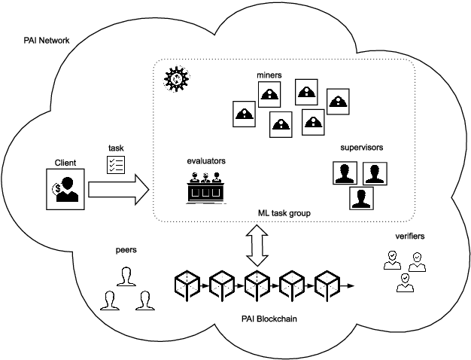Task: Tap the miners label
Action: [x=269, y=75]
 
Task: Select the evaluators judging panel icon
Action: [x=205, y=188]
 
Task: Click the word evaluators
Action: [x=206, y=161]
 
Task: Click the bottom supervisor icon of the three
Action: [x=362, y=198]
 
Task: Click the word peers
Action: [x=126, y=247]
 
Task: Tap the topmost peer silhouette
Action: [x=125, y=276]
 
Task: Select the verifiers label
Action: [x=409, y=236]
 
